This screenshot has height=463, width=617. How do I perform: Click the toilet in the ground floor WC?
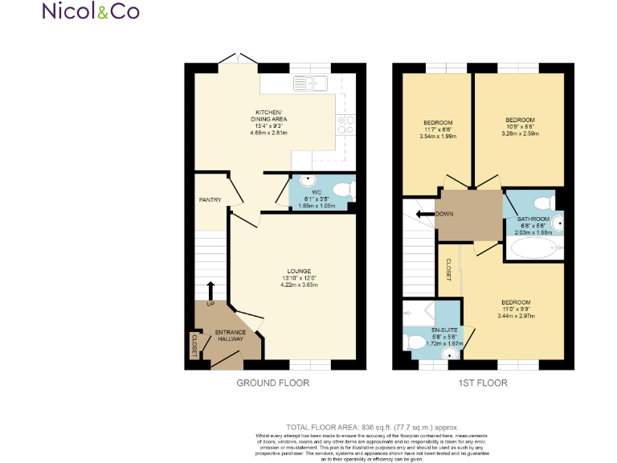(343, 190)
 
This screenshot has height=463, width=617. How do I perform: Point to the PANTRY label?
(210, 200)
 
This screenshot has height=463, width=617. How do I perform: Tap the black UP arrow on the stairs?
(210, 289)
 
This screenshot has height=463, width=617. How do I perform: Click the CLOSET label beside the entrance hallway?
(194, 344)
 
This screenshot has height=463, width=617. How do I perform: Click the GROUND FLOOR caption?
(272, 383)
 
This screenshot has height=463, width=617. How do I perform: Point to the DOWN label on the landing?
(444, 215)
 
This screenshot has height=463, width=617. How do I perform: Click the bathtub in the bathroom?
(532, 250)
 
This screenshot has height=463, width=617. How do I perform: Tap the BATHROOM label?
(533, 219)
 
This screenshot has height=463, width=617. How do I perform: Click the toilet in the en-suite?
(417, 343)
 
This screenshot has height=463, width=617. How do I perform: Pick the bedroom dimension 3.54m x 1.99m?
(438, 137)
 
